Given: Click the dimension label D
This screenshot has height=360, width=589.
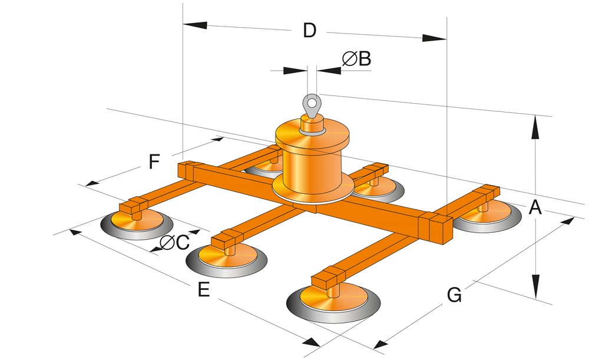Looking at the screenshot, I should [309, 30].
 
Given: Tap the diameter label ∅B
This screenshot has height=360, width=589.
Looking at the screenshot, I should [356, 58].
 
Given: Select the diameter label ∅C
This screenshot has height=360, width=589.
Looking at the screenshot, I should [174, 242].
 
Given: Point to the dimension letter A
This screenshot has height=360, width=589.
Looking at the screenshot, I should [535, 207].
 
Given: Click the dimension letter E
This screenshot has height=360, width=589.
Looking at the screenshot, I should [204, 290].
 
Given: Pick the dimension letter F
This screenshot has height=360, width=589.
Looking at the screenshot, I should [154, 161].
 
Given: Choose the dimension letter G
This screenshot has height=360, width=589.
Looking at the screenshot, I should [454, 295].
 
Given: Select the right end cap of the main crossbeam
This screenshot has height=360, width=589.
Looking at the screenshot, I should [436, 230].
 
